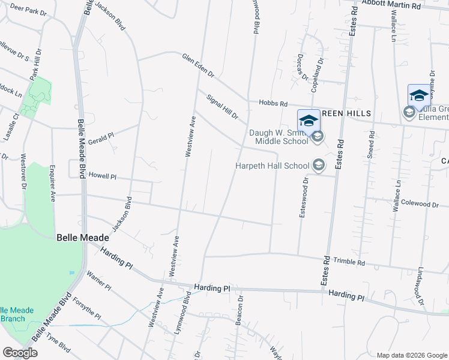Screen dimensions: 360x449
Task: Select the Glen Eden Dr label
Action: point(198,64)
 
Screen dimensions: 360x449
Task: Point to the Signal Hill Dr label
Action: point(223,106)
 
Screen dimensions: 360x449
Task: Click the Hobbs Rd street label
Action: point(273,103)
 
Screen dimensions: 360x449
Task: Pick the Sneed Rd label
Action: point(371,144)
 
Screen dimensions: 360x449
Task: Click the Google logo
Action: point(20,352)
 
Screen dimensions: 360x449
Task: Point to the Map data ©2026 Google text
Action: point(411,355)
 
